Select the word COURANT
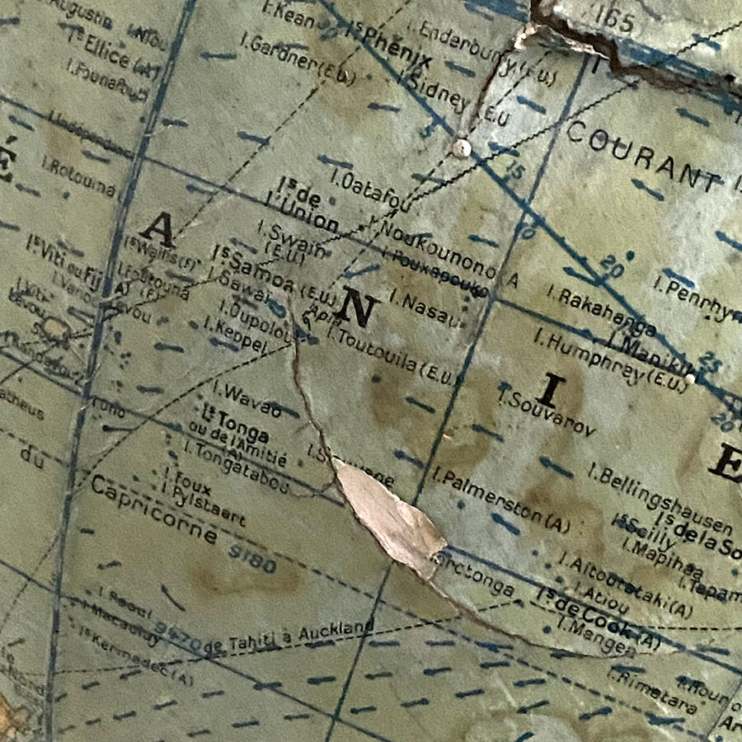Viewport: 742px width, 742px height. pos(644,156)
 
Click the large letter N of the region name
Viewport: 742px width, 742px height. pos(358,310)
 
